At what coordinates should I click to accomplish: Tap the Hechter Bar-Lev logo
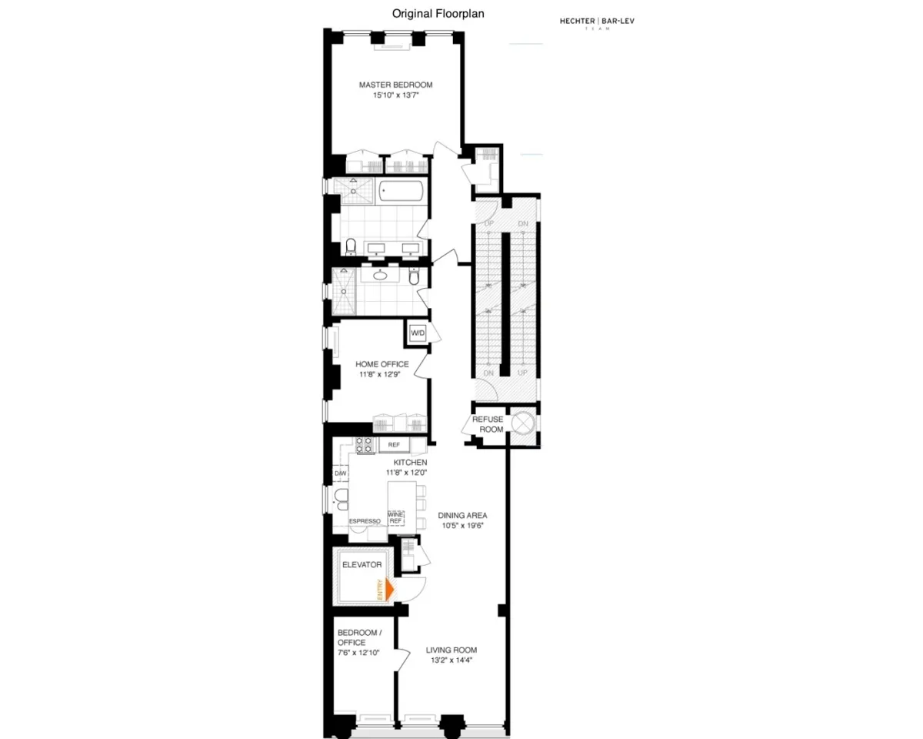point(597,22)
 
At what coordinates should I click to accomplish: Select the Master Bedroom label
point(395,85)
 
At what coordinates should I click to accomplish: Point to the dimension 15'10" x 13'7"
point(395,95)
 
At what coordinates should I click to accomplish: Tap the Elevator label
point(362,564)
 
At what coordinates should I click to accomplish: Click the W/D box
point(418,333)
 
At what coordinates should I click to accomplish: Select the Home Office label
point(382,364)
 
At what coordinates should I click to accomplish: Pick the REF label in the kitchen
point(394,445)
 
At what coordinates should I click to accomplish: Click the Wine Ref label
point(396,517)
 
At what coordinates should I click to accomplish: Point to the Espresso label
point(365,521)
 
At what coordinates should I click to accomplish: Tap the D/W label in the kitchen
point(340,473)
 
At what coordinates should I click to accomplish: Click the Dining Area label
point(462,515)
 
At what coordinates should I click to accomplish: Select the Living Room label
point(452,650)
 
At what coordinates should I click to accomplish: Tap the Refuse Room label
point(487,424)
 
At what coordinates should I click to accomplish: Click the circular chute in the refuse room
point(523,423)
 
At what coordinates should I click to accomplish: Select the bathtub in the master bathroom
point(402,191)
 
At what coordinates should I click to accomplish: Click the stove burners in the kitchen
point(365,444)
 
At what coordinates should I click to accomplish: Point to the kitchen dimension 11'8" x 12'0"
point(410,472)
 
